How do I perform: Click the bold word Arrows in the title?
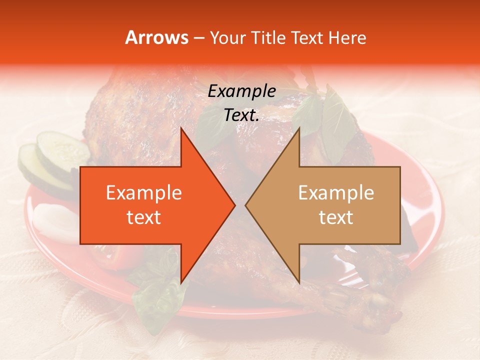point(157,37)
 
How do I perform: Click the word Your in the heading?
point(227,38)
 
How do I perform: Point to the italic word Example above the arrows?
point(241,91)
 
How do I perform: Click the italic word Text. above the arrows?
point(241,115)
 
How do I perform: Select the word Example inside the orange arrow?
point(143,193)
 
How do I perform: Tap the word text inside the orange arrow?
point(143,217)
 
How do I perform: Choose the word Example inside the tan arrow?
point(336,193)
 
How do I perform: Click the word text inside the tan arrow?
point(336,217)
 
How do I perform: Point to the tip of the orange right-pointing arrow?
point(235,205)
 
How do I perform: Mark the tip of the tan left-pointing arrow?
point(245,205)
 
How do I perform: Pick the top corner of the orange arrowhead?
point(180,128)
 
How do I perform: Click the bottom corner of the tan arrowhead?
point(299,283)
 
